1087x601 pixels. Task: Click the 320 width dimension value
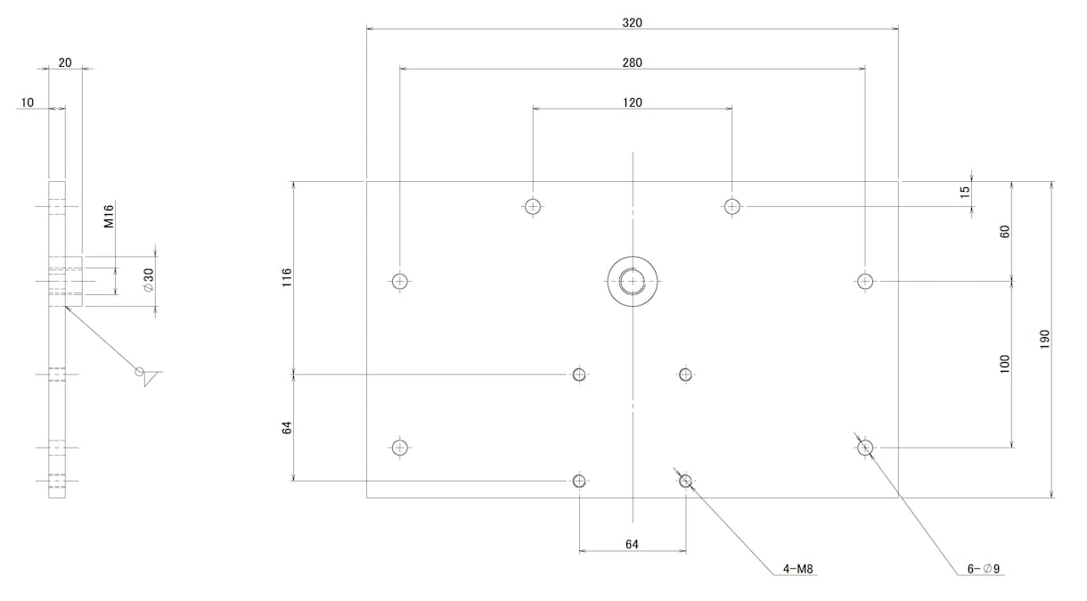632,23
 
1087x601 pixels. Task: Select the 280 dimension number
632,62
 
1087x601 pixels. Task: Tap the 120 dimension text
632,103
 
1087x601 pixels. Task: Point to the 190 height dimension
1045,339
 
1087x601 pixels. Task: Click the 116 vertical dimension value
287,277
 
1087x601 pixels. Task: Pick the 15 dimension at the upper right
965,192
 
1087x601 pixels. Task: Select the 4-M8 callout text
797,569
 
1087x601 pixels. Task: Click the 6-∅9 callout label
983,569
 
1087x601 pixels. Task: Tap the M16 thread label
109,216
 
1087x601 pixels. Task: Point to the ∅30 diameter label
149,280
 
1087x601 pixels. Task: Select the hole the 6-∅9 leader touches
865,448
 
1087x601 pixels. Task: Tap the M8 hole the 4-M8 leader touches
685,482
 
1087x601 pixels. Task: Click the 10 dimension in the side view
27,103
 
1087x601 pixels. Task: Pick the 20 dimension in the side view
65,62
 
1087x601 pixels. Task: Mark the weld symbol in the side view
148,375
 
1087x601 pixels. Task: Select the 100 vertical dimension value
1004,364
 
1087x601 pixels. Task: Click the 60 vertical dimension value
1004,232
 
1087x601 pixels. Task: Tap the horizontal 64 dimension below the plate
632,544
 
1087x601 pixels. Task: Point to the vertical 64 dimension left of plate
287,428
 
